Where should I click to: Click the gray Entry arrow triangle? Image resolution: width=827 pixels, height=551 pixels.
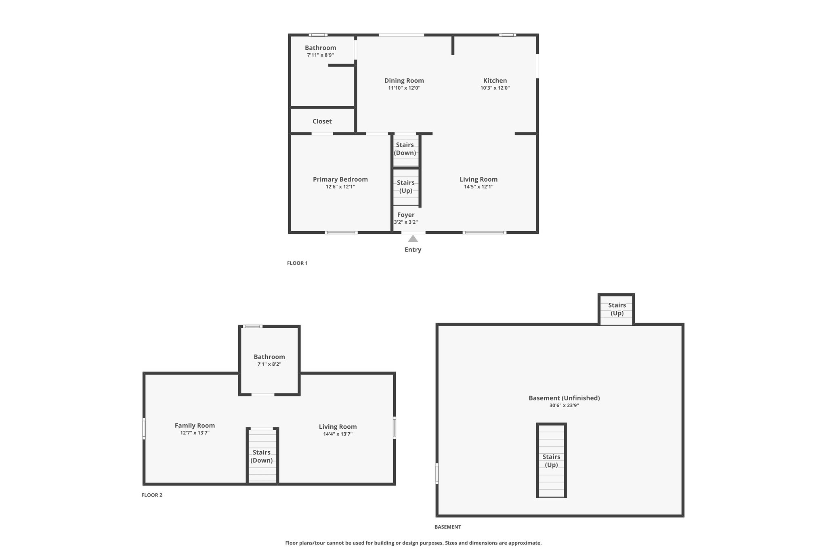(413, 239)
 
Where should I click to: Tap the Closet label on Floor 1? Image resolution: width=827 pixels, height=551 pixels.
(322, 121)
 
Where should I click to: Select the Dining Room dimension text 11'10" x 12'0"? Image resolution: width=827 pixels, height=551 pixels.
(404, 88)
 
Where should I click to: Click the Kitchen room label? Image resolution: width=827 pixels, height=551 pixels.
(495, 81)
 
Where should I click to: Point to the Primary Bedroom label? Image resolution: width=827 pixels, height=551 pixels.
(340, 179)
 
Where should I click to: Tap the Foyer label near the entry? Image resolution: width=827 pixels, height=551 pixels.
(406, 215)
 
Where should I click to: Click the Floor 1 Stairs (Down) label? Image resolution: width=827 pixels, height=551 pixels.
(405, 149)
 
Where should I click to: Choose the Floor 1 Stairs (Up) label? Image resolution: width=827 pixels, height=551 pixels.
(406, 187)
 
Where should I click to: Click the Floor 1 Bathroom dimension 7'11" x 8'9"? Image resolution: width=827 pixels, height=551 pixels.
(321, 55)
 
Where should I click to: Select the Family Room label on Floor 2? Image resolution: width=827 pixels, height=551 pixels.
(195, 425)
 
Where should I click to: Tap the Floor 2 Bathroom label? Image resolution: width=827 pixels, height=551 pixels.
(269, 357)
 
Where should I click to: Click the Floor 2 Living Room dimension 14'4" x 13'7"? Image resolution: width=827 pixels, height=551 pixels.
(338, 434)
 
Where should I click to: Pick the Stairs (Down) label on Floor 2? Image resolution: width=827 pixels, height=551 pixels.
(262, 457)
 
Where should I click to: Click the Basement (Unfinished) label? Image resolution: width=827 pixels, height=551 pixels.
(564, 398)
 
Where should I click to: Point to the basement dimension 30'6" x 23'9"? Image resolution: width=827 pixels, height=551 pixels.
(564, 406)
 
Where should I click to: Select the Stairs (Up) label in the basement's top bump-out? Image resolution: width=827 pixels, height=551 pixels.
(617, 309)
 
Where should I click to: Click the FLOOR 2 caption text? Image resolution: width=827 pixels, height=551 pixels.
(152, 495)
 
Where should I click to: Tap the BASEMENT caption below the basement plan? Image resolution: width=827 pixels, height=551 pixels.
(448, 527)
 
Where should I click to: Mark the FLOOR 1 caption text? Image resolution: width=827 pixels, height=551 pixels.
(297, 263)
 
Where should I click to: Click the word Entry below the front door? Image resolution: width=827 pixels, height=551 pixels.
(413, 250)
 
